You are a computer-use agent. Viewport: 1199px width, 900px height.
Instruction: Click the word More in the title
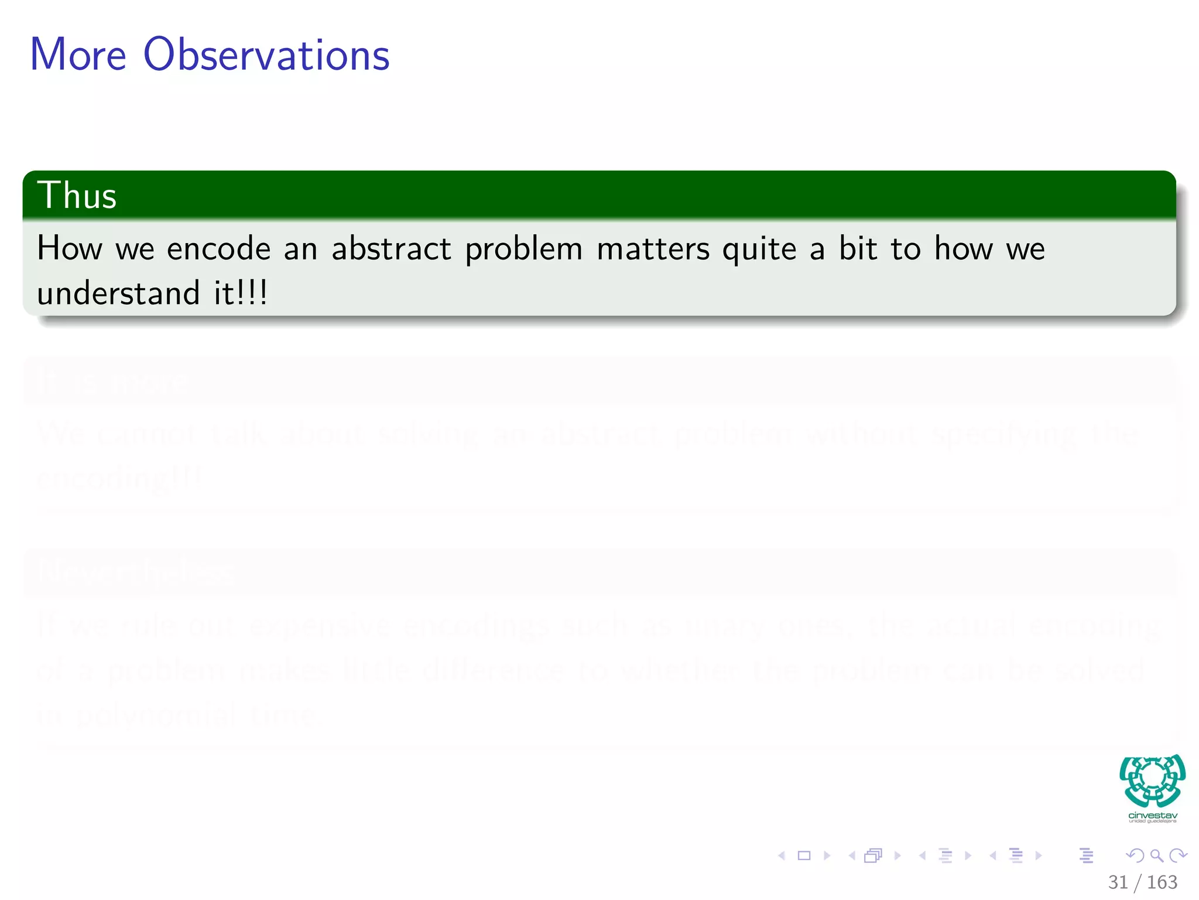[x=78, y=54]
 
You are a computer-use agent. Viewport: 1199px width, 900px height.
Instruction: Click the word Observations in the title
[x=266, y=54]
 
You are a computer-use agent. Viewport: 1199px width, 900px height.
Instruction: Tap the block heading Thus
[x=77, y=195]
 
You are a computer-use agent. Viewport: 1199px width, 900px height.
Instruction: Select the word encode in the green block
[x=218, y=248]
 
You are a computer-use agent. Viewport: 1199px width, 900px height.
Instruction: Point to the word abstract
[x=391, y=248]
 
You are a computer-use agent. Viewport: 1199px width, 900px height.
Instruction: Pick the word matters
[x=653, y=248]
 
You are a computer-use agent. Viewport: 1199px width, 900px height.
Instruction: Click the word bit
[x=858, y=248]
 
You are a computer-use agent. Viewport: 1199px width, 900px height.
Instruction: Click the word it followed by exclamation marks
[x=240, y=293]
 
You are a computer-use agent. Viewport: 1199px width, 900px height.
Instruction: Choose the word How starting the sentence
[x=69, y=248]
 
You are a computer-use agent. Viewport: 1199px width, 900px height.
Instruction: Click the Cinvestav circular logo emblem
[x=1152, y=780]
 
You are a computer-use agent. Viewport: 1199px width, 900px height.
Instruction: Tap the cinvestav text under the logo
[x=1152, y=816]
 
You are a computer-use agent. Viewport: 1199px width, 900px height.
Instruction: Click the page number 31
[x=1118, y=882]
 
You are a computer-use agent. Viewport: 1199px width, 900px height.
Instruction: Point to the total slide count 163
[x=1162, y=882]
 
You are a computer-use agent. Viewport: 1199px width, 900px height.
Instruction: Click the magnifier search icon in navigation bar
[x=1156, y=855]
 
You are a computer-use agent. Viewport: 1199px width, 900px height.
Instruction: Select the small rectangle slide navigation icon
[x=804, y=855]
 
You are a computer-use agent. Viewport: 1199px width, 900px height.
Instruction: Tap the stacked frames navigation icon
[x=873, y=855]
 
